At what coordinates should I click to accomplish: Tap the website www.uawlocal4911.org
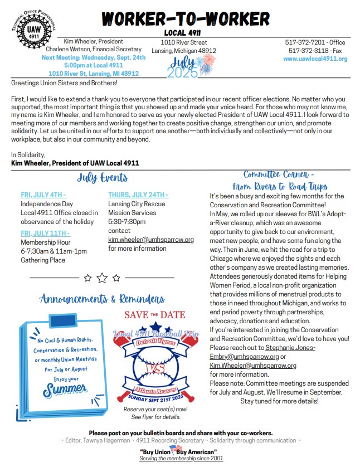(315, 59)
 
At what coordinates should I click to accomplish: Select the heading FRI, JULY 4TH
(43, 195)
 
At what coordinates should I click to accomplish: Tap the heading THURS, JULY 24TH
(138, 195)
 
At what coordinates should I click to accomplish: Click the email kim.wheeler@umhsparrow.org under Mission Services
(150, 240)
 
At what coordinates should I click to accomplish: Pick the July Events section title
(103, 178)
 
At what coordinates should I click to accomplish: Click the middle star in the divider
(102, 278)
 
